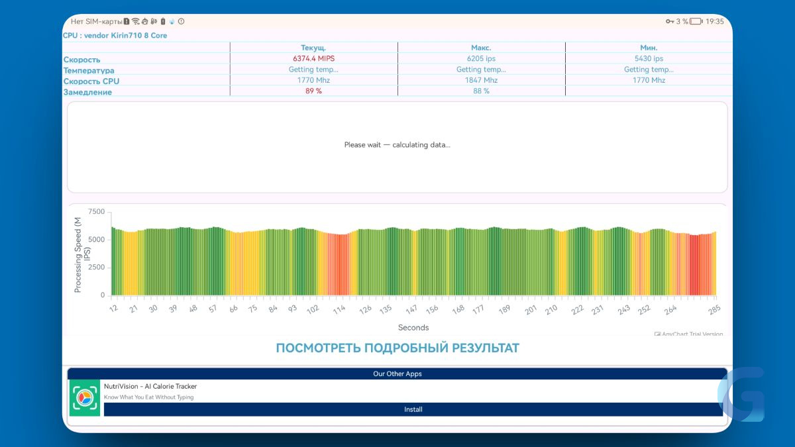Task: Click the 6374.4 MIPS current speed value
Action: pos(313,58)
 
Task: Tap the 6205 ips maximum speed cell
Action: pos(481,58)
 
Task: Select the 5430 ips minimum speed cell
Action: pos(649,58)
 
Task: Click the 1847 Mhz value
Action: pos(481,80)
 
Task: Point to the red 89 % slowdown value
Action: pos(313,91)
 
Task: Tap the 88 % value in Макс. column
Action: pos(481,91)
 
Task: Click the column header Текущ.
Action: pos(313,48)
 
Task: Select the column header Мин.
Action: pos(649,48)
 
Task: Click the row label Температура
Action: pos(89,71)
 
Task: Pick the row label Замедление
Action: pos(87,92)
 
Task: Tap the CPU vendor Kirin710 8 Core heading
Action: pos(115,36)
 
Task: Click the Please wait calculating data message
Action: pos(397,145)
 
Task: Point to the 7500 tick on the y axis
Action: pos(97,212)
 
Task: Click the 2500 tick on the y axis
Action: pos(97,267)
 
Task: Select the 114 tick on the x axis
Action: pos(339,310)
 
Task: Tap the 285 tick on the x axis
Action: pos(714,310)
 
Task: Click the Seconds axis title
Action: pos(413,327)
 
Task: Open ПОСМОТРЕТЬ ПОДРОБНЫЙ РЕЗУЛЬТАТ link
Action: pos(397,348)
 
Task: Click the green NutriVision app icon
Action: pos(85,398)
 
